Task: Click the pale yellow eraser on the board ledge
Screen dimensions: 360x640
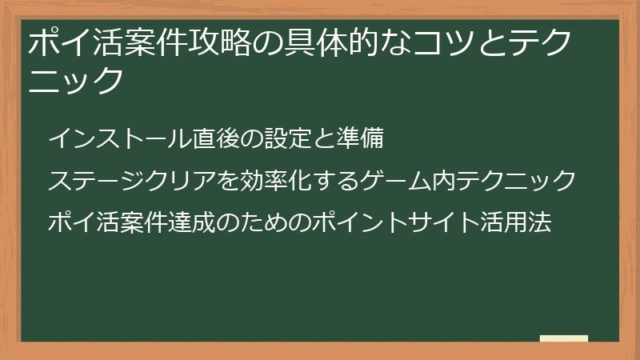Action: click(564, 338)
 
